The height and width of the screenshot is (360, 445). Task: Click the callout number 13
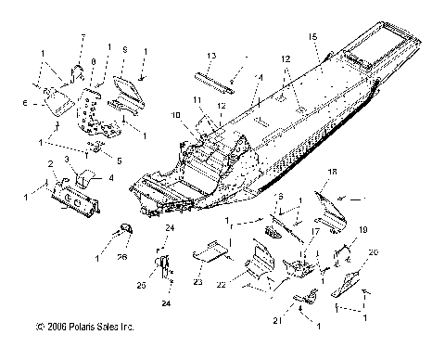point(211,55)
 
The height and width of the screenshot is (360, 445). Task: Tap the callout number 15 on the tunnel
point(313,36)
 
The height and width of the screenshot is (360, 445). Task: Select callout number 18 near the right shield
point(333,173)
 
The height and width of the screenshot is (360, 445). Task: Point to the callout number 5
point(119,161)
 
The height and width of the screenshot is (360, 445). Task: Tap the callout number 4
point(111,177)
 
